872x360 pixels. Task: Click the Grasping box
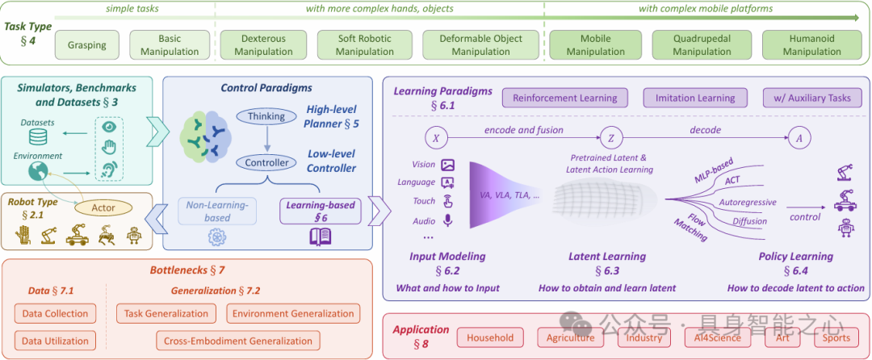[86, 45]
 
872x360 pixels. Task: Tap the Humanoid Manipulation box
[811, 45]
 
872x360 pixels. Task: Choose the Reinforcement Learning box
[565, 98]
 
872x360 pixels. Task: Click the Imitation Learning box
[694, 98]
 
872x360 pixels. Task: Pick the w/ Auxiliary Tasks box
[811, 98]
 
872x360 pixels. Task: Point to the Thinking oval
[266, 116]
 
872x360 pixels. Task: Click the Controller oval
[266, 162]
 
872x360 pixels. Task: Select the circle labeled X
[436, 138]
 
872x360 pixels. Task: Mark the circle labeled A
[799, 138]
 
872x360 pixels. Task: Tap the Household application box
[489, 337]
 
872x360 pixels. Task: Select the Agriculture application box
[571, 337]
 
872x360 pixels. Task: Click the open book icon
[321, 237]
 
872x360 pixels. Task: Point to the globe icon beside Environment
[36, 171]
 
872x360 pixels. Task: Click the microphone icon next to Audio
[447, 220]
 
